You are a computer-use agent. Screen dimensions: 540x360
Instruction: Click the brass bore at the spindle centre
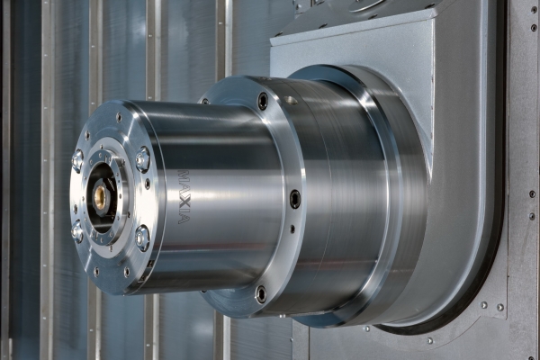[x=101, y=195]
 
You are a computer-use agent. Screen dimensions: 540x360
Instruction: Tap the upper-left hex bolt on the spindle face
[x=77, y=159]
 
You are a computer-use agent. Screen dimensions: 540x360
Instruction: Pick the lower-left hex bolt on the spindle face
[x=76, y=231]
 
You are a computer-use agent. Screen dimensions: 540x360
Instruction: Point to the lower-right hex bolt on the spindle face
[x=142, y=238]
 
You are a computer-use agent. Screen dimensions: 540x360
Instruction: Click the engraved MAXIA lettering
[x=183, y=197]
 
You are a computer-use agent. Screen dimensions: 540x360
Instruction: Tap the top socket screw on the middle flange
[x=263, y=102]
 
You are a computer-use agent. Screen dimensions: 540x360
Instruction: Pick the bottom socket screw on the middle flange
[x=262, y=294]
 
